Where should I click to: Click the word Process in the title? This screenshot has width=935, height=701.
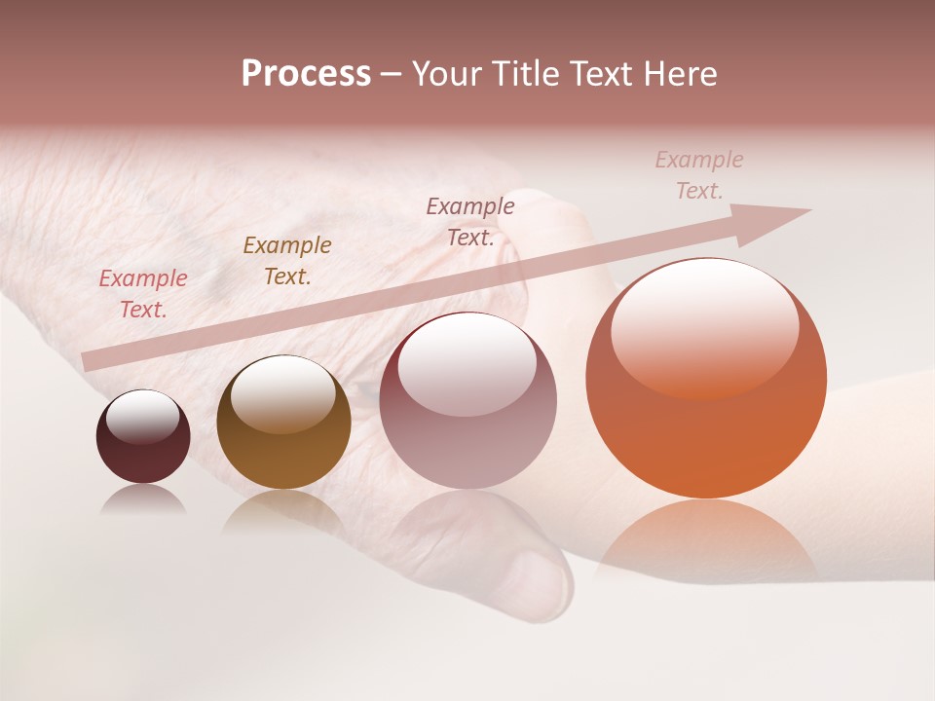pos(306,74)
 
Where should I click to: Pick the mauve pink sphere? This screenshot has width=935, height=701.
pos(467,409)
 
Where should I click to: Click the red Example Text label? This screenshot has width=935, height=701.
pos(143,293)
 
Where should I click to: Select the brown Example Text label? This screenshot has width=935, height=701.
pos(287,260)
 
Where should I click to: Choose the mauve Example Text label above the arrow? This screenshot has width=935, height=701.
pos(470,221)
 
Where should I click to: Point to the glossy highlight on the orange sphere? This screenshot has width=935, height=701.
pos(704,326)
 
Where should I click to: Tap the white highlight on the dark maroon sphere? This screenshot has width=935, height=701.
pos(143,417)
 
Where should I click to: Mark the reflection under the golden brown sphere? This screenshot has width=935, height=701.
pos(283,511)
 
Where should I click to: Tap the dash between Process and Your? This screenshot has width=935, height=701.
pos(391,75)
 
